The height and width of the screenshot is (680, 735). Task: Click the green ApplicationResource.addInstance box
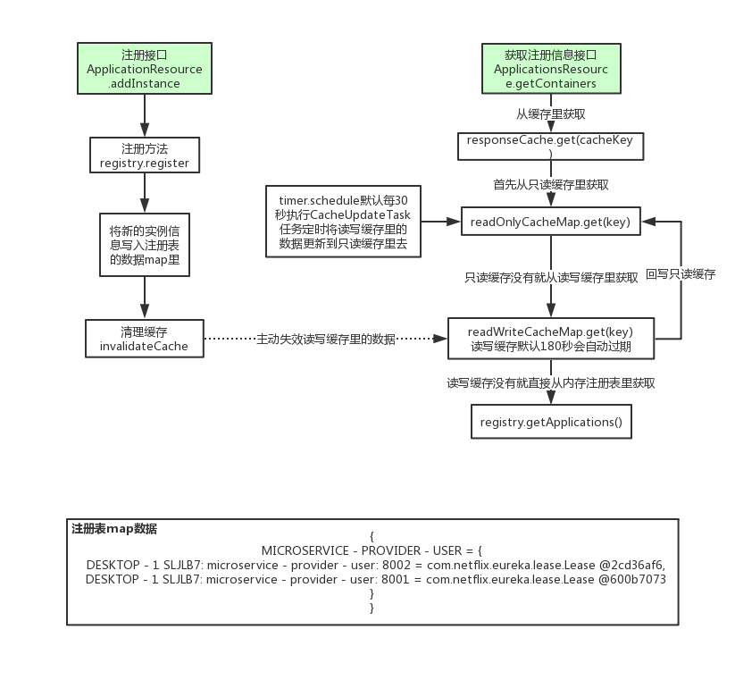tap(144, 69)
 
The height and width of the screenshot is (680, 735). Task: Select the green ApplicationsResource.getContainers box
tap(550, 69)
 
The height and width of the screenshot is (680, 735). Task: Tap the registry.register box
tap(144, 155)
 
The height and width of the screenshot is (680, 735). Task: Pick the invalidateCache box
tap(144, 339)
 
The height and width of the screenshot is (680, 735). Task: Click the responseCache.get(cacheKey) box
tap(550, 147)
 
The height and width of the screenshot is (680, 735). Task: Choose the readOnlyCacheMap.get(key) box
tap(550, 222)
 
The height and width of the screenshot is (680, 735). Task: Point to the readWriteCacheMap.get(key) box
tap(552, 340)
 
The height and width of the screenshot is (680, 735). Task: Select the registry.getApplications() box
tap(550, 422)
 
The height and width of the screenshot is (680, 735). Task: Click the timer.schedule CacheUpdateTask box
tap(343, 222)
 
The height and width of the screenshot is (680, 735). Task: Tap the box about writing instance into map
tap(144, 244)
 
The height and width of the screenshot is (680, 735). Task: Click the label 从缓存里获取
tap(550, 113)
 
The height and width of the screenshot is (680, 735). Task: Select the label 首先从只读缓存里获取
tap(550, 184)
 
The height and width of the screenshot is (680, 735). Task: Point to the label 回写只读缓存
tap(681, 274)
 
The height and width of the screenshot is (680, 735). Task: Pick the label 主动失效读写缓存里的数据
tap(325, 339)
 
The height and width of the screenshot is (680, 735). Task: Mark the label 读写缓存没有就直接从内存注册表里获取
tap(551, 382)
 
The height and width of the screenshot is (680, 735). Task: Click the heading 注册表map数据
tap(114, 529)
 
